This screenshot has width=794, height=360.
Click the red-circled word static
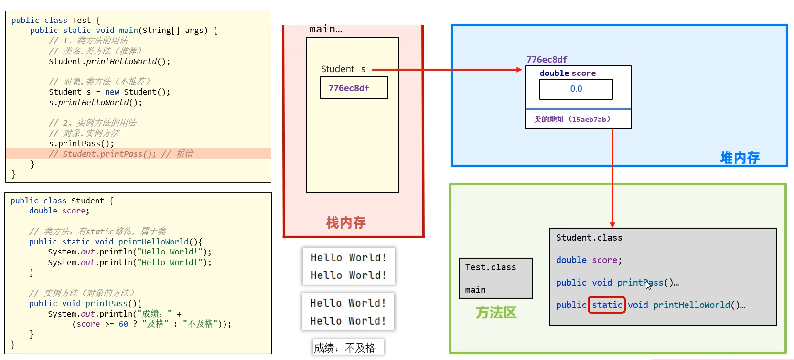607,305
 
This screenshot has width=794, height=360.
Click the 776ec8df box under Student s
354,88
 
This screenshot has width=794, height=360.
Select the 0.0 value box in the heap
576,89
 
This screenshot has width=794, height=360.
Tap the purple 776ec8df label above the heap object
547,59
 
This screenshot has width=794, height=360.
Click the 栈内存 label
346,222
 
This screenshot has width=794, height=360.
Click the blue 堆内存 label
740,158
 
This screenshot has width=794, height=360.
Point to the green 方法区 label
496,313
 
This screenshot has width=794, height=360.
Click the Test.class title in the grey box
491,267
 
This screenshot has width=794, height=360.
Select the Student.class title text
589,238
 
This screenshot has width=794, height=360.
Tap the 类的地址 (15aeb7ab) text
572,119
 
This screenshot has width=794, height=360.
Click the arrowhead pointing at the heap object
519,70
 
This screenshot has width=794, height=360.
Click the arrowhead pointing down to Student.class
612,225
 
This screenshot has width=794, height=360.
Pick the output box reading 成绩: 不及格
348,348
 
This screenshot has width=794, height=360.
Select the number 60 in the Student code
123,324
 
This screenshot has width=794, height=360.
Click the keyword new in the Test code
112,92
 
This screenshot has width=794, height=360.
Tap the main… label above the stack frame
325,29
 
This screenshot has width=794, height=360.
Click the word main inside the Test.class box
475,290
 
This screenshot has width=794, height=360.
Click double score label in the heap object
568,73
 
